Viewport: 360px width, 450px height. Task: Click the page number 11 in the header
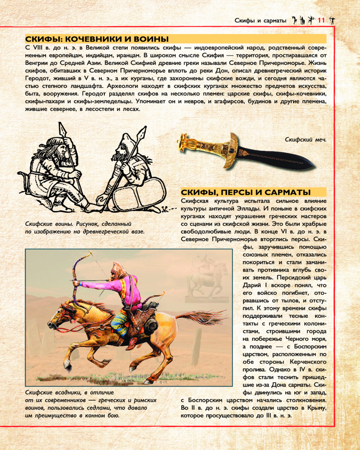321,20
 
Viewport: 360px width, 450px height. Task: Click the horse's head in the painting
63,315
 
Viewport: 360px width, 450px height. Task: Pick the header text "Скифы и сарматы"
261,20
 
